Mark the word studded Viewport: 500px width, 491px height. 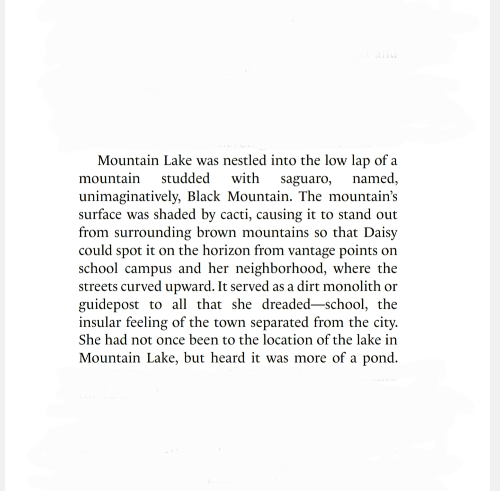(x=186, y=179)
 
